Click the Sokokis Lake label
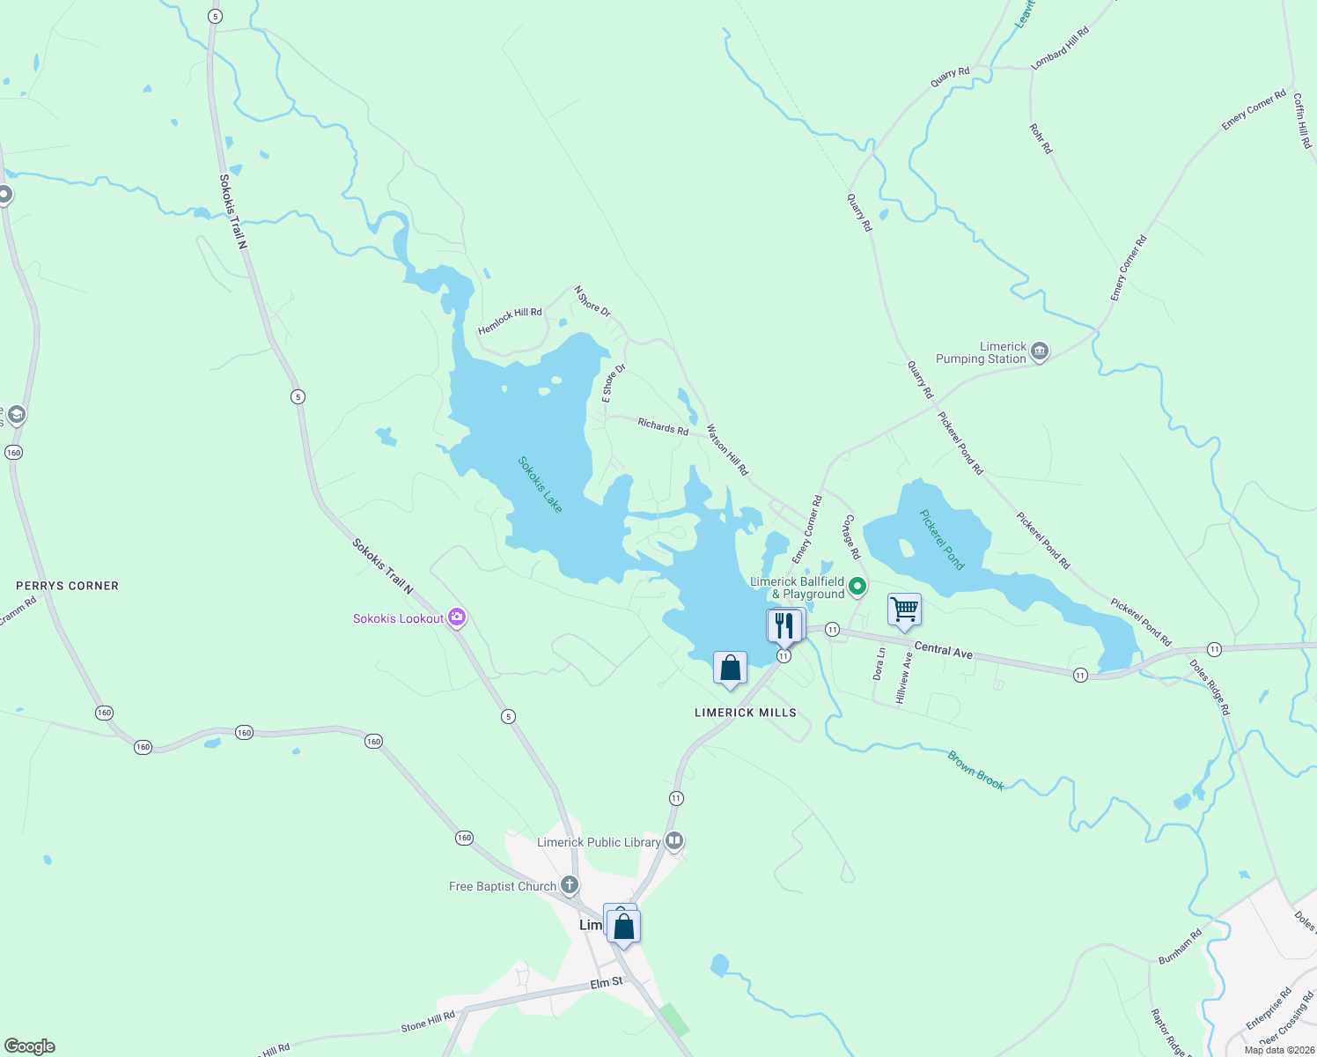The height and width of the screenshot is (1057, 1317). click(x=540, y=484)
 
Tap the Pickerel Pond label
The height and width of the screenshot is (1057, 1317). click(x=942, y=539)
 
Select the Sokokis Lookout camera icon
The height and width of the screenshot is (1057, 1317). click(x=456, y=617)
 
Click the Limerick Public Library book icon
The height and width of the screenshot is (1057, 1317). click(x=674, y=841)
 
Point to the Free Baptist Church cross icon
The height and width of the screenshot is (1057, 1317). click(x=570, y=885)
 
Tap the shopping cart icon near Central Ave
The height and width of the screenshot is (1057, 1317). click(x=904, y=610)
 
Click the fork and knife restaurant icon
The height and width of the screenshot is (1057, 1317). click(x=784, y=625)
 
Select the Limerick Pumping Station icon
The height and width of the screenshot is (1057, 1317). click(x=1040, y=352)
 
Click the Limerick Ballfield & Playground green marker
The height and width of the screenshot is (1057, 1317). click(x=857, y=587)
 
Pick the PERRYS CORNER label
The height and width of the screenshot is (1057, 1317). click(x=67, y=586)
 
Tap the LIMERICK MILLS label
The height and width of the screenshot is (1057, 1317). click(x=746, y=713)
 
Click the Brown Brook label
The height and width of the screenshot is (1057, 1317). click(x=975, y=770)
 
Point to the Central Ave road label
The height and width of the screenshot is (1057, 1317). click(x=943, y=650)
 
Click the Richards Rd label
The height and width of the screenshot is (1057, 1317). click(x=663, y=427)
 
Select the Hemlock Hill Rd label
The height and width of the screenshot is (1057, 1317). click(x=510, y=322)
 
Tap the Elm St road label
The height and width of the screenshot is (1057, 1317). click(x=607, y=982)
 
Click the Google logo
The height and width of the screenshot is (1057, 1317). click(x=29, y=1046)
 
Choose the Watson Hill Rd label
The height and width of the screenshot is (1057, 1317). click(x=727, y=450)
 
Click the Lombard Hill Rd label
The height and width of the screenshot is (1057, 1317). click(x=1060, y=48)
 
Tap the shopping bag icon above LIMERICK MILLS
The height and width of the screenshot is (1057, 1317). click(x=730, y=669)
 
